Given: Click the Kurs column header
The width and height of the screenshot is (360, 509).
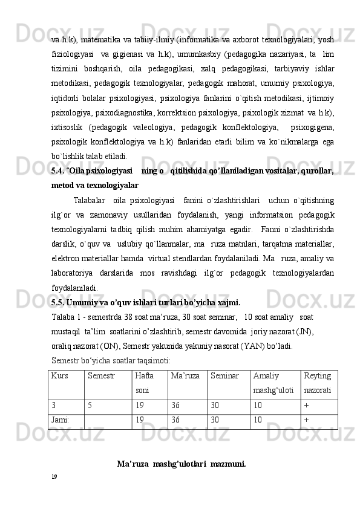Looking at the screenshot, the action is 59,377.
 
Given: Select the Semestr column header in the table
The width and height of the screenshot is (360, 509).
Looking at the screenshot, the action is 99,377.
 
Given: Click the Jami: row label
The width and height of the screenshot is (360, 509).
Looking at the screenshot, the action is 61,419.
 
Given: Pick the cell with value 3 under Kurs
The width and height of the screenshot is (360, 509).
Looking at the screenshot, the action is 54,404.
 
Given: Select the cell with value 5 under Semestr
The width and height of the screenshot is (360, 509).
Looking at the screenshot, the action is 90,404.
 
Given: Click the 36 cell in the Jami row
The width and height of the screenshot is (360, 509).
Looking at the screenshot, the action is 175,419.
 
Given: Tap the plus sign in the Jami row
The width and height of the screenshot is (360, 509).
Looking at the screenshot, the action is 306,419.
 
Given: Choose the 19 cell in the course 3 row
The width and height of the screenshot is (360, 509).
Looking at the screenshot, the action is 140,404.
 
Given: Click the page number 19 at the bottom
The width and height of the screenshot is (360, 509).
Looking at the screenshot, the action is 54,476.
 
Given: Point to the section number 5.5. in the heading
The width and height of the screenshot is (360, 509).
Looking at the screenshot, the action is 59,302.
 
